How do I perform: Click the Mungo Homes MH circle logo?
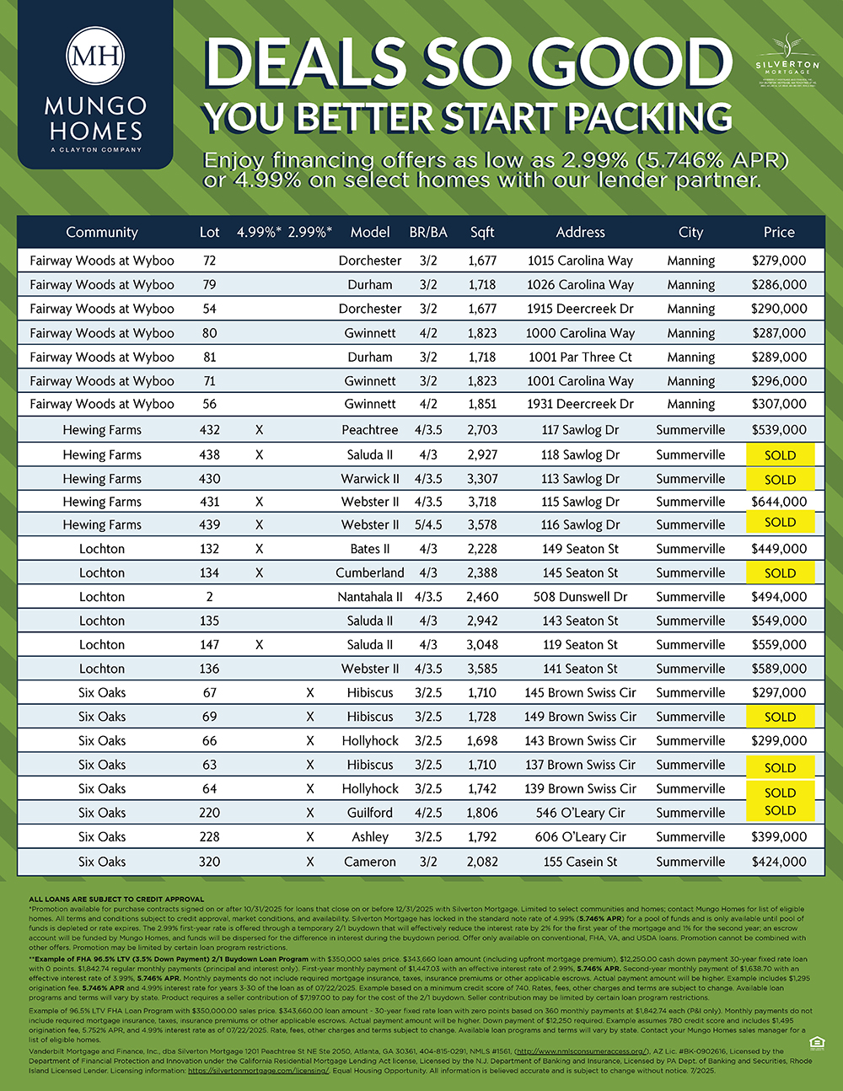tap(95, 56)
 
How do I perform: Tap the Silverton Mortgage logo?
tap(787, 59)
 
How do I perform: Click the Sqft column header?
tap(482, 232)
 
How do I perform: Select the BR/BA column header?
tap(428, 232)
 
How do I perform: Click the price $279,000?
tap(779, 261)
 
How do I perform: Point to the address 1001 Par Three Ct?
tap(580, 357)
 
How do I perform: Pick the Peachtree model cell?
tap(370, 430)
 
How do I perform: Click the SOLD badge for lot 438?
tap(780, 455)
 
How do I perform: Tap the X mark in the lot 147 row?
tap(259, 645)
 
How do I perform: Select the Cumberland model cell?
tap(370, 573)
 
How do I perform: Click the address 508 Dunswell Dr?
tap(580, 597)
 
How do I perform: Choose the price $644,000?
tap(779, 502)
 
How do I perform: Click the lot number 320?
tap(209, 862)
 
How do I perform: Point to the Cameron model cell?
tap(370, 862)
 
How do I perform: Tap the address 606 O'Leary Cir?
tap(580, 837)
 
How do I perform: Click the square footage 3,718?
tap(482, 502)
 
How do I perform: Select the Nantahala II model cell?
tap(370, 597)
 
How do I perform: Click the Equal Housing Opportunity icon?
tap(815, 1044)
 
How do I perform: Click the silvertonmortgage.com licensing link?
tap(258, 1071)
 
